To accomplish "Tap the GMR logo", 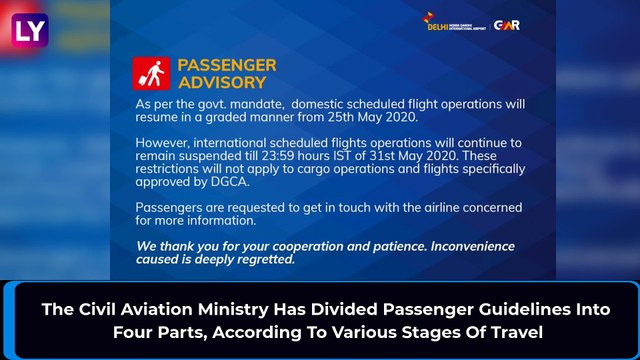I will (x=507, y=25).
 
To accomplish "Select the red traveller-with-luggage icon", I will (x=150, y=73).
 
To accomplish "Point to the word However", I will (x=164, y=139).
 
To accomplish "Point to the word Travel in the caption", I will (x=513, y=331).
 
